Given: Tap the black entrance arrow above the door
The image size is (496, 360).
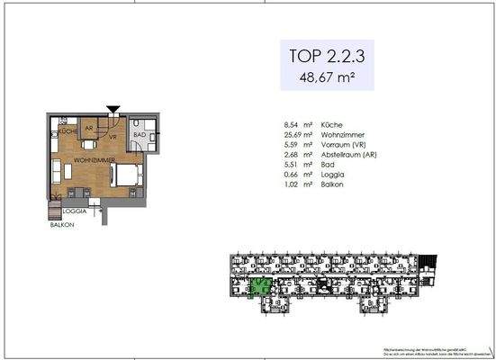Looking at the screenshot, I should (x=113, y=111).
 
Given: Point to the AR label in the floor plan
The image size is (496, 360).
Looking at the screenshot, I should (x=88, y=129).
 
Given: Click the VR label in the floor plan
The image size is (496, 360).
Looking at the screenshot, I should (x=112, y=136).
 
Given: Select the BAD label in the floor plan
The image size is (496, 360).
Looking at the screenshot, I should (x=139, y=134).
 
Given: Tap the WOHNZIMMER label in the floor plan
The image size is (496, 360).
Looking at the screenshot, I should (x=92, y=159).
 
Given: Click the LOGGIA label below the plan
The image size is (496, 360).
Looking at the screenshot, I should (x=75, y=210).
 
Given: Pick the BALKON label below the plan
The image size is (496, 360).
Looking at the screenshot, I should (x=61, y=226).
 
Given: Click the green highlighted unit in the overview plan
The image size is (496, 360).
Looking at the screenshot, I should (x=260, y=288).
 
